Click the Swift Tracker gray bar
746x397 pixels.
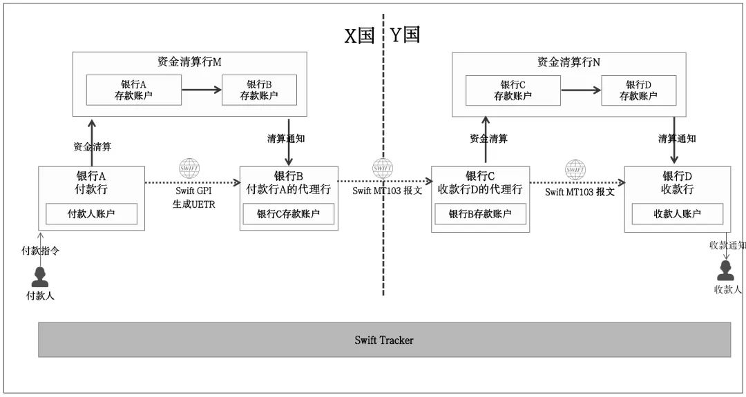(384, 340)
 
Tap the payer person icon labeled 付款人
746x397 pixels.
(40, 277)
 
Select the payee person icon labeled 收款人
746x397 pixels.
(725, 271)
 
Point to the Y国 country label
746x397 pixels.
(405, 35)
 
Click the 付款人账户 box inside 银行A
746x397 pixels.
(91, 214)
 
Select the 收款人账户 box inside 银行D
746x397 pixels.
(678, 214)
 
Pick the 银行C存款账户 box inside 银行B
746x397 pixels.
(288, 214)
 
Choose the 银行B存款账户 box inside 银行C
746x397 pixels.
(480, 214)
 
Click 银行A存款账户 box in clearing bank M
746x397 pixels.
(134, 90)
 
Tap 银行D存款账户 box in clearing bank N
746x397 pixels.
(639, 90)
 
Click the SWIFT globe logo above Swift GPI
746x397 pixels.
(189, 168)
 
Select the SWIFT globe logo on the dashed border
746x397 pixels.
(383, 168)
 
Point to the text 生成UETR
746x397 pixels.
(195, 204)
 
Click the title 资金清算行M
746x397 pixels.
(189, 61)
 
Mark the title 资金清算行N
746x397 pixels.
(568, 61)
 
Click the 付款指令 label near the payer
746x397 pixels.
(40, 251)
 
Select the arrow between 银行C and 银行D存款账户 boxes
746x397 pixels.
(581, 90)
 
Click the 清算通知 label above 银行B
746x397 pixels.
(286, 138)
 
